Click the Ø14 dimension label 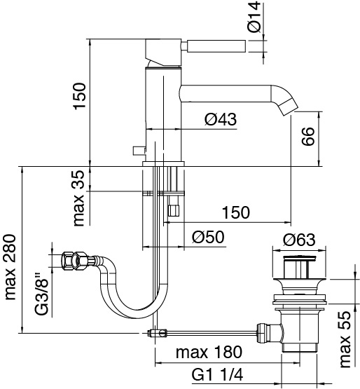pyautogui.click(x=255, y=17)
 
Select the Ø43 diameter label pyautogui.click(x=221, y=119)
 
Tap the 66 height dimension pyautogui.click(x=308, y=136)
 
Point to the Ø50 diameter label pyautogui.click(x=208, y=237)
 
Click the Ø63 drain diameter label pyautogui.click(x=299, y=240)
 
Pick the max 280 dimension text pyautogui.click(x=11, y=267)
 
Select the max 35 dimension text pyautogui.click(x=79, y=198)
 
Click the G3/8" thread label pyautogui.click(x=41, y=294)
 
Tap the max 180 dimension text pyautogui.click(x=209, y=352)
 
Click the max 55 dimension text pyautogui.click(x=345, y=339)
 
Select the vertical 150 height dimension pyautogui.click(x=80, y=96)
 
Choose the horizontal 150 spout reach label pyautogui.click(x=236, y=212)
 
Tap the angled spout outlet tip pyautogui.click(x=289, y=106)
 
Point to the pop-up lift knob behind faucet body pyautogui.click(x=139, y=151)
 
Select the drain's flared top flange pyautogui.click(x=299, y=283)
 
